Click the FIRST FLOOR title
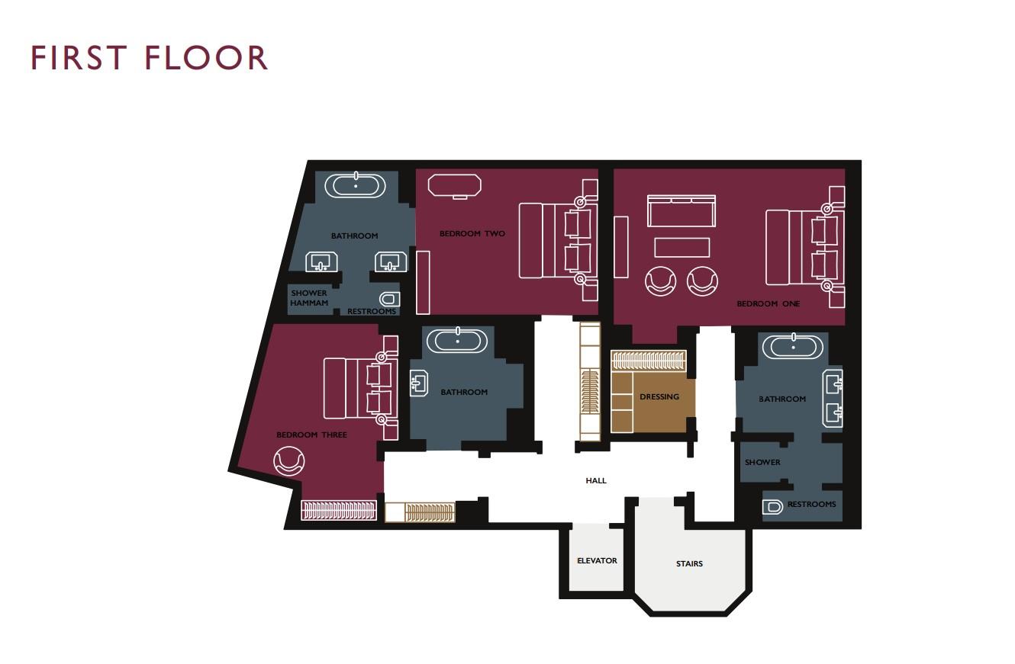point(149,57)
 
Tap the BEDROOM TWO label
point(472,233)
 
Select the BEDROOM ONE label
point(768,303)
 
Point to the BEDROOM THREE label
point(311,435)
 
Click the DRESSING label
point(659,397)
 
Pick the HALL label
point(596,481)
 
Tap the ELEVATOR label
point(598,561)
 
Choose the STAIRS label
point(689,564)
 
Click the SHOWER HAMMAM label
point(309,298)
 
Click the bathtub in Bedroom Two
point(455,186)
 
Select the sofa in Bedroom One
point(681,210)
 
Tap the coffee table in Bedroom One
point(682,248)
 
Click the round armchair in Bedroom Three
point(289,460)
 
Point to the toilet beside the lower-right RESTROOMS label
point(772,507)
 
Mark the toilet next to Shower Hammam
point(390,299)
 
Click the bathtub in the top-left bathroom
point(356,185)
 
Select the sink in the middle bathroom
point(419,383)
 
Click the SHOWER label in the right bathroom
point(762,463)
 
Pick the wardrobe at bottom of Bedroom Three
point(339,510)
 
